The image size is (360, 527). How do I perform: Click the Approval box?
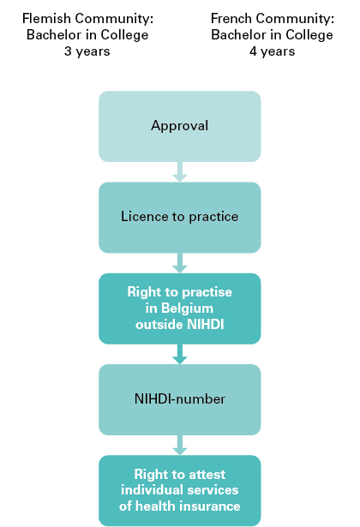click(179, 126)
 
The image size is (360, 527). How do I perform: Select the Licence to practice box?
click(179, 218)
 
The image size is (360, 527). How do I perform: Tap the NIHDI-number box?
click(179, 399)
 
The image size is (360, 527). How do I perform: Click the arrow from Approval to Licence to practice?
click(179, 172)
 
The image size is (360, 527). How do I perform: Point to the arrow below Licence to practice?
click(179, 263)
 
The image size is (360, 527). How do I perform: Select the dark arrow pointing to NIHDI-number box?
click(179, 354)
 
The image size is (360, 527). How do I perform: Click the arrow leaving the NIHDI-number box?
click(179, 446)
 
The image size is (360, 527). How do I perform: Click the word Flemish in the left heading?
click(47, 19)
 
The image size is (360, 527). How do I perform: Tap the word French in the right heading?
click(231, 19)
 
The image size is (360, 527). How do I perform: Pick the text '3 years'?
click(87, 51)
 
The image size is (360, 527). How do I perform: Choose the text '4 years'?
click(272, 51)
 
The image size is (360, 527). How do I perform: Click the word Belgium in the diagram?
click(187, 308)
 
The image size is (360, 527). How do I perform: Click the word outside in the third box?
click(159, 325)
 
